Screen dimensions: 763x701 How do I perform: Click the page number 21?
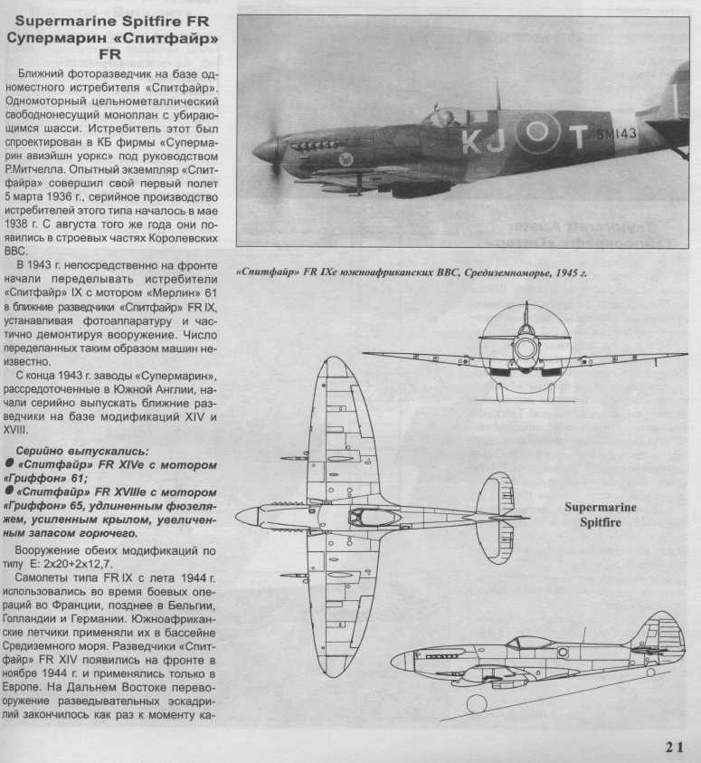pos(673,747)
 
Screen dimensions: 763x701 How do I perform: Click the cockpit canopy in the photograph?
pos(449,116)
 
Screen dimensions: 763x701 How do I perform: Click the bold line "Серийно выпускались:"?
pos(71,451)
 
